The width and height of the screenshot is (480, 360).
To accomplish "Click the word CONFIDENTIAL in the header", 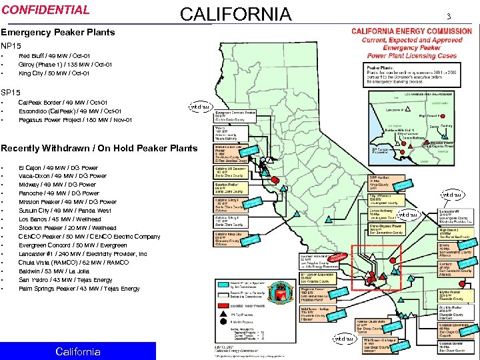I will coord(45,10).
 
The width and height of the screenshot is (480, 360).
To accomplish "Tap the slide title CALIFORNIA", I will coord(236,14).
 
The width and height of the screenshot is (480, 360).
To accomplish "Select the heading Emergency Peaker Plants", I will coord(58,32).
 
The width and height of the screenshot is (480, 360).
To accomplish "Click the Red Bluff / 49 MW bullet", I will coord(54,56).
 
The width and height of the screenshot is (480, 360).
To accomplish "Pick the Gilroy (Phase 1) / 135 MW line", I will coord(65,65).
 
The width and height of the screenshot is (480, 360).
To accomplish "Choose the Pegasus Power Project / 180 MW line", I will coord(75,120).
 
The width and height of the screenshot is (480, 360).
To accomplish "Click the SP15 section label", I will coord(11,91).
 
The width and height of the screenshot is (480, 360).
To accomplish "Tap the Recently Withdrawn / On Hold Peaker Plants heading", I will coord(99,148).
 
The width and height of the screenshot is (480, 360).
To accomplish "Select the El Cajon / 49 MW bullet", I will coord(58,167).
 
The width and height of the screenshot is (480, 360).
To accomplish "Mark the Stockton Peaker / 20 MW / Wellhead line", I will coord(67,228).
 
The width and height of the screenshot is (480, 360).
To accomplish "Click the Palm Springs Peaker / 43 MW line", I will coord(79,289).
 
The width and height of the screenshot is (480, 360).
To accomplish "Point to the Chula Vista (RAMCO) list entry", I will coord(74,263).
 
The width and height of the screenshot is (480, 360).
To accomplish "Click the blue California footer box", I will coord(78,351).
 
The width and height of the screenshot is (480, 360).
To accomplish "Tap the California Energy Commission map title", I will coord(411,31).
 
